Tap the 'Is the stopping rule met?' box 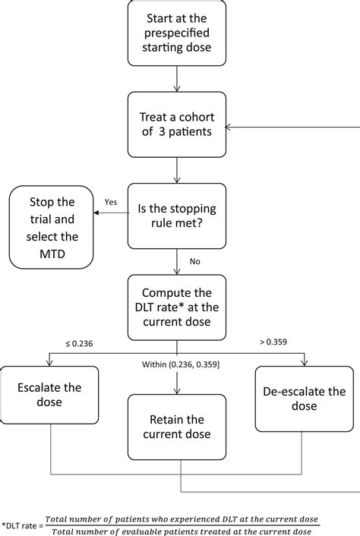(176, 216)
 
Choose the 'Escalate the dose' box (49, 395)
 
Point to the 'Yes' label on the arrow (109, 202)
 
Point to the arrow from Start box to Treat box (176, 79)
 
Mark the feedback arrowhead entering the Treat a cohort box (231, 126)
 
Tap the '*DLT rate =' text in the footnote (22, 524)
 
